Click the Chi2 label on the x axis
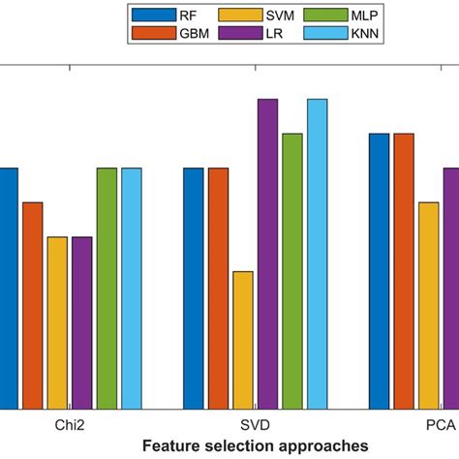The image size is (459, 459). click(70, 426)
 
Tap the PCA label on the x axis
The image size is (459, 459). click(442, 426)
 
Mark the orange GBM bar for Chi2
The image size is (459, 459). click(33, 305)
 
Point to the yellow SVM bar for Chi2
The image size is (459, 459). click(57, 322)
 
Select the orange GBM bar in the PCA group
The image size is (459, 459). click(404, 271)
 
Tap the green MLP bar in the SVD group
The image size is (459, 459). click(292, 271)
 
